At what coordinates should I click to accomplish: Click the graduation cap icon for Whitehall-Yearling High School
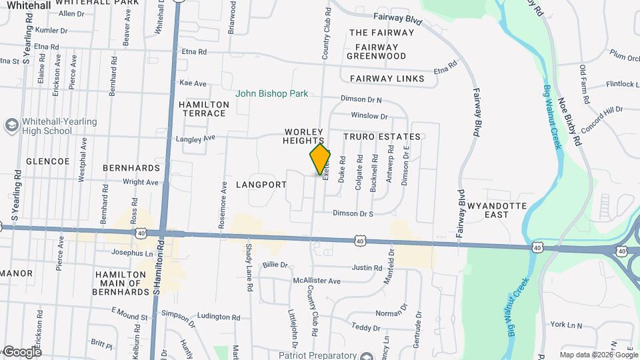tap(11, 125)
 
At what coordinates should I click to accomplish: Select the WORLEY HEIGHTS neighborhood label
tap(303, 137)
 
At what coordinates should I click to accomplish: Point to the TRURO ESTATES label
tap(382, 137)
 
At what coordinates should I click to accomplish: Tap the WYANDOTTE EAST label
tap(497, 210)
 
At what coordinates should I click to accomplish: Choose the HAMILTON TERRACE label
tap(203, 109)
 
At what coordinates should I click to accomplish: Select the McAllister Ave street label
tap(317, 281)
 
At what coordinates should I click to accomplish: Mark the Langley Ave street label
tap(195, 139)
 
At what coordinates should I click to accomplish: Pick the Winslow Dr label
tap(364, 116)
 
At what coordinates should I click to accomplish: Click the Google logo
tap(22, 352)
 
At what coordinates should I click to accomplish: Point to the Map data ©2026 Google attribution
tap(597, 355)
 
